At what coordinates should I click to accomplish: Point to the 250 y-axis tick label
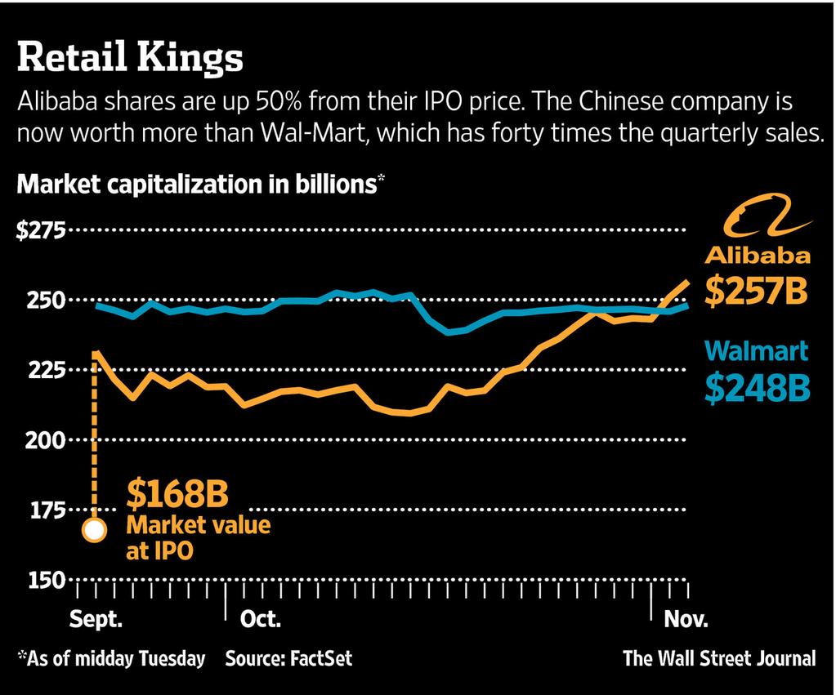(46, 301)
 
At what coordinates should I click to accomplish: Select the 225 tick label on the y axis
(46, 371)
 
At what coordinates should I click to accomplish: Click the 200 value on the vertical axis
(46, 440)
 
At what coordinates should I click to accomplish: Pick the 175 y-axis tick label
(46, 510)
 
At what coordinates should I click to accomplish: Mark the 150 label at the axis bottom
(46, 580)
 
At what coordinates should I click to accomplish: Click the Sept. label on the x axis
(96, 618)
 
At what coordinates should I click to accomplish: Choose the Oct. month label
(260, 618)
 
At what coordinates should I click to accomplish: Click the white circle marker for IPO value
(95, 530)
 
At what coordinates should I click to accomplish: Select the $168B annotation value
(177, 494)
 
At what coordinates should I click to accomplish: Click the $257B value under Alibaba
(756, 292)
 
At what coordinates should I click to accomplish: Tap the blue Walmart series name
(757, 351)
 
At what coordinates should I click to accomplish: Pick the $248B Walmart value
(757, 388)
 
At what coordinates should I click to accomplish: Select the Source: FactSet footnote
(288, 658)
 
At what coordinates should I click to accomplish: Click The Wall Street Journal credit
(719, 658)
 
